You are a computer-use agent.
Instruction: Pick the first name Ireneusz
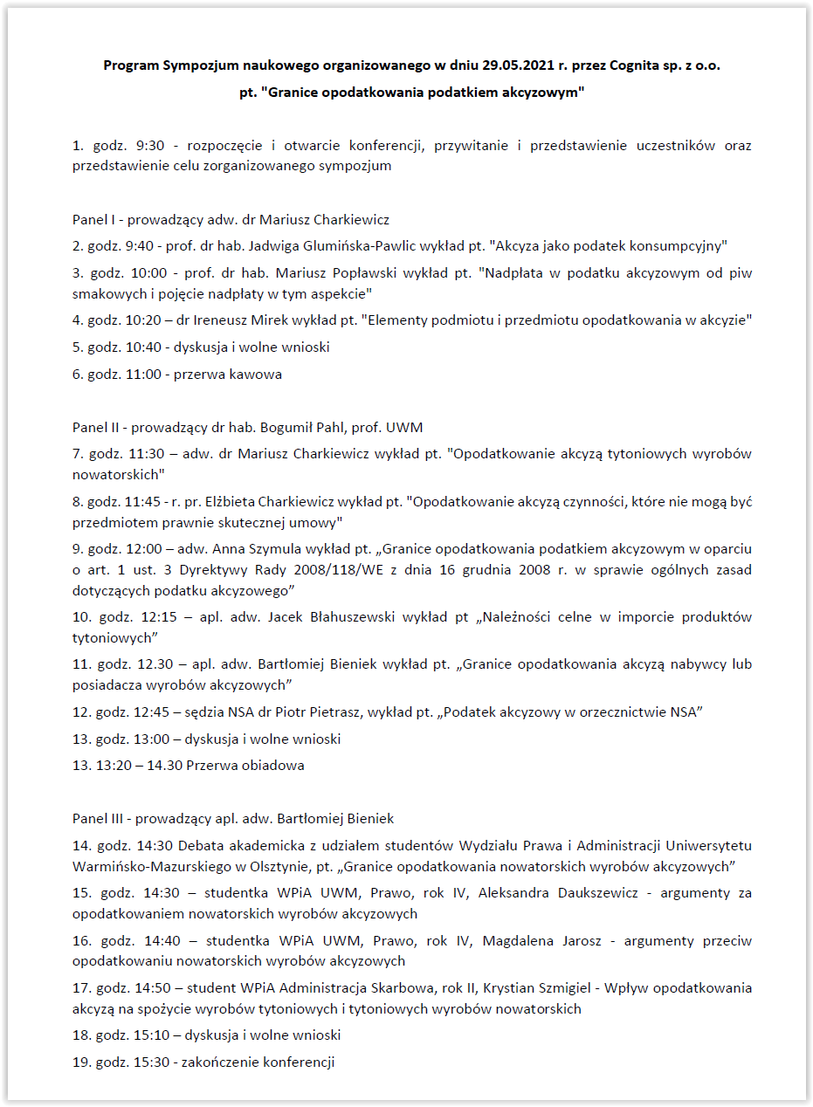(x=231, y=320)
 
